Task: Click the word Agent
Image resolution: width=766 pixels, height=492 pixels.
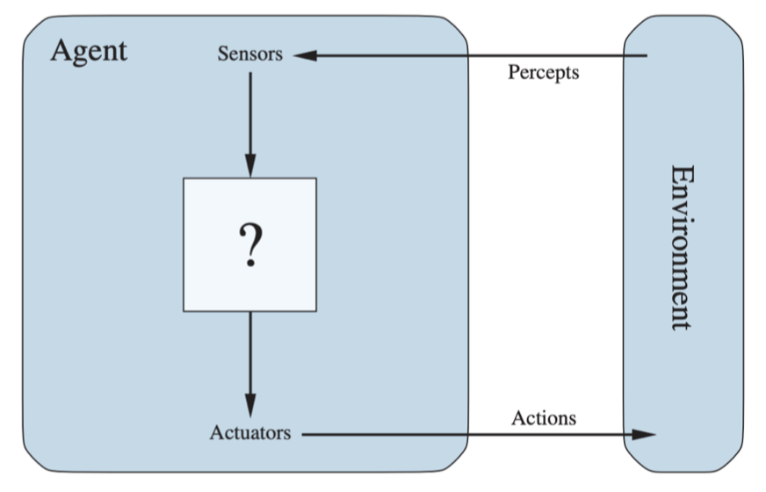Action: click(x=89, y=52)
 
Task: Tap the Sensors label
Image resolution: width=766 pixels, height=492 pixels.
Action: click(x=250, y=54)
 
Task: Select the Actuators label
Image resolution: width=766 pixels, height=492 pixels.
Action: click(x=250, y=433)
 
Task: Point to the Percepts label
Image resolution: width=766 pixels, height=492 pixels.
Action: click(x=543, y=73)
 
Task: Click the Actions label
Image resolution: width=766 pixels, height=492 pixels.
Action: click(x=544, y=418)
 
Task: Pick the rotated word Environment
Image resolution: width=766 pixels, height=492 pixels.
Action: click(x=682, y=248)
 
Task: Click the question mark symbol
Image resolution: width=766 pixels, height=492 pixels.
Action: click(x=250, y=245)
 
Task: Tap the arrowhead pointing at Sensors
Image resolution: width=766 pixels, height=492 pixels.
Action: click(x=305, y=55)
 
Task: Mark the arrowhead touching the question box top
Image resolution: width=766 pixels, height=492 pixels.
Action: click(x=250, y=166)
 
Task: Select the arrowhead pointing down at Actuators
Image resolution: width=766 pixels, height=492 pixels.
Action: click(x=250, y=406)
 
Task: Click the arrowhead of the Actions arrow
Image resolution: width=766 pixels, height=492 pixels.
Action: click(x=644, y=434)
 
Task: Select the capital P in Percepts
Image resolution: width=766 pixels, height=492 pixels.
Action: click(x=514, y=71)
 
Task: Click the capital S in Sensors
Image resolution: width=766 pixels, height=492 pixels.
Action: click(x=223, y=54)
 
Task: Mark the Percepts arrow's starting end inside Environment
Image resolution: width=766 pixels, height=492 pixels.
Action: click(x=647, y=55)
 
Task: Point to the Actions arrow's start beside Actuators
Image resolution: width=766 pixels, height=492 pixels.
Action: click(x=302, y=434)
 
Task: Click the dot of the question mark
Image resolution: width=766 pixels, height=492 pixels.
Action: click(x=250, y=264)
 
